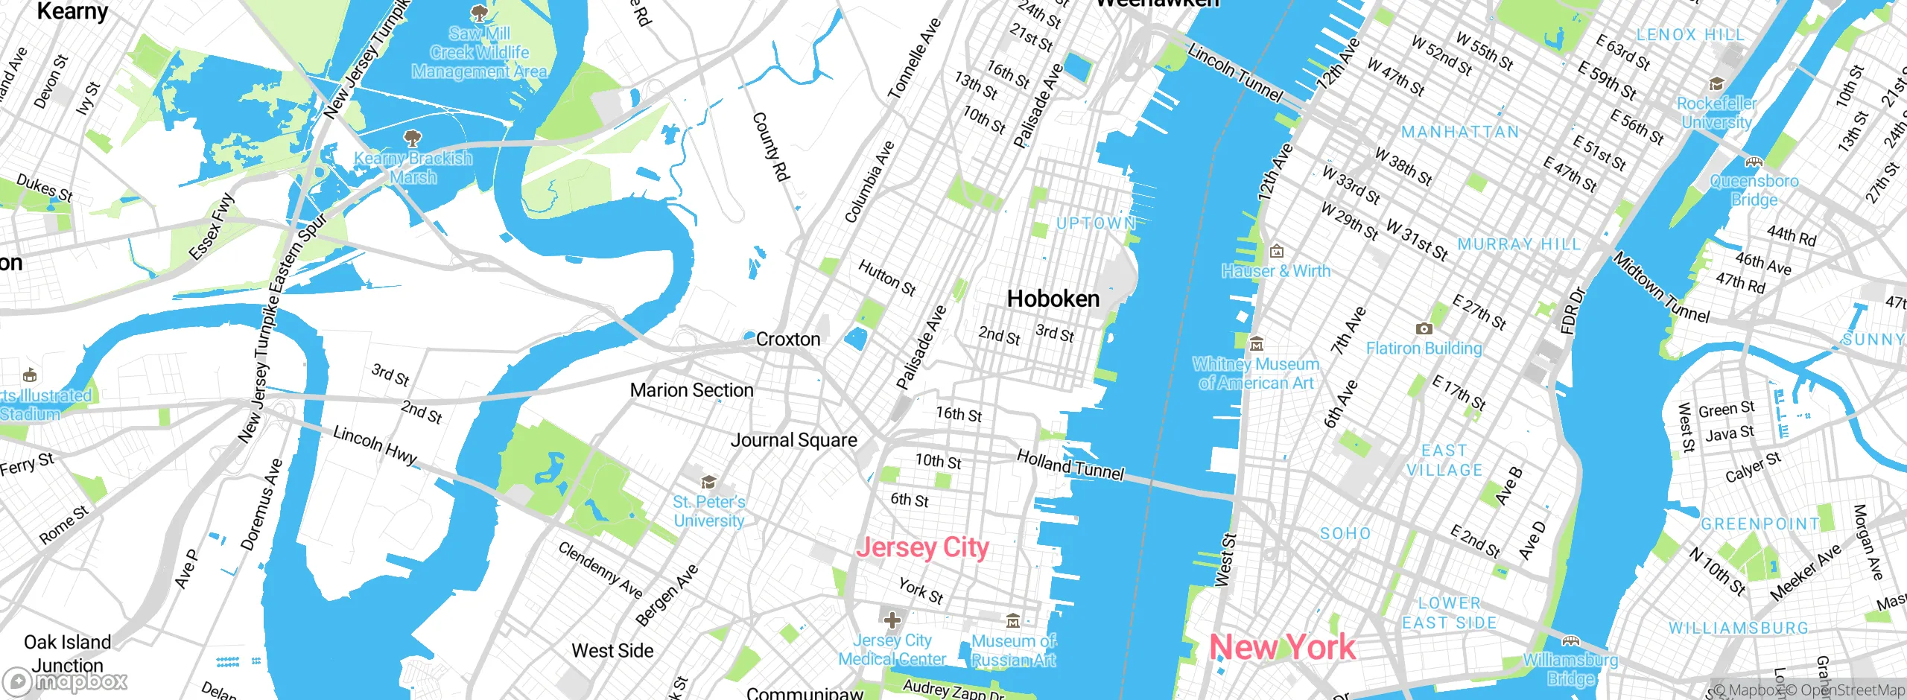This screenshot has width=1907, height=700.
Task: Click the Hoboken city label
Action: tap(1053, 299)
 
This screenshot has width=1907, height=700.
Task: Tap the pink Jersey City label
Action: tap(922, 547)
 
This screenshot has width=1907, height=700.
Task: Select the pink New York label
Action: tap(1282, 646)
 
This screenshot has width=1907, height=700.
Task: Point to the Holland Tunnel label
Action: tap(1070, 465)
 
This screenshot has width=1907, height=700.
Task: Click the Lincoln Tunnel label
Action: tap(1235, 73)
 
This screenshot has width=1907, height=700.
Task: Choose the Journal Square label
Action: tap(793, 440)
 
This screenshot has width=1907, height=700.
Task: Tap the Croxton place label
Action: tap(787, 340)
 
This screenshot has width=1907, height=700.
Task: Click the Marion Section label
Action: tap(691, 390)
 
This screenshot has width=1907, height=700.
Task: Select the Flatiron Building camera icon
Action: tap(1424, 328)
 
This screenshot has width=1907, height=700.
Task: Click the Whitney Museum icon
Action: tap(1257, 344)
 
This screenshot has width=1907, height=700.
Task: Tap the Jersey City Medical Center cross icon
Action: tap(892, 620)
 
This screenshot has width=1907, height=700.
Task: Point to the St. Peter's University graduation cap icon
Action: tap(708, 482)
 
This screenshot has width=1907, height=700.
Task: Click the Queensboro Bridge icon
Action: tap(1754, 162)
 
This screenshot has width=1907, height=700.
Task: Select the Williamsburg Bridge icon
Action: tap(1570, 640)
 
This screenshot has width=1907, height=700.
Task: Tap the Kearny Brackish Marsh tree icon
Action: tap(412, 138)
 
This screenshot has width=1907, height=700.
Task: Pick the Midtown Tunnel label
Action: tap(1661, 287)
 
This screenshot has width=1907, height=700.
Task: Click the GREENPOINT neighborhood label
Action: tap(1760, 524)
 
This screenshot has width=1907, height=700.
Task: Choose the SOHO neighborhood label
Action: tap(1345, 534)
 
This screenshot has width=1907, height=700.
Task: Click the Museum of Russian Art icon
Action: tap(1013, 621)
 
